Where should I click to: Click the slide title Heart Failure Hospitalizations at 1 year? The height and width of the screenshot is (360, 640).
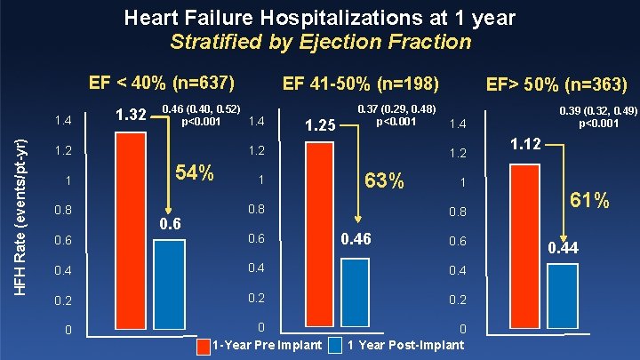pos(320,17)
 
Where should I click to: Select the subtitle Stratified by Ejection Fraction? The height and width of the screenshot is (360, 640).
pos(320,41)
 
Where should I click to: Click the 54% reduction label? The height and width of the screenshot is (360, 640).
pos(194,173)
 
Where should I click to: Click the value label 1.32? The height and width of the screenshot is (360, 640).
pos(132,115)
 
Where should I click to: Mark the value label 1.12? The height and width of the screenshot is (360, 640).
pos(526,143)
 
